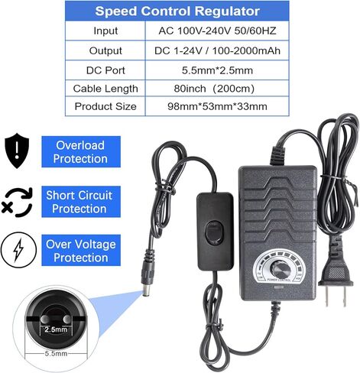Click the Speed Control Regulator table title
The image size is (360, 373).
click(177, 11)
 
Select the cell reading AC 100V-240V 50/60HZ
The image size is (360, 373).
click(217, 31)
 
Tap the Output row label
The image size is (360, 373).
click(105, 50)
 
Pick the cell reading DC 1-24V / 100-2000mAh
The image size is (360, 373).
click(217, 50)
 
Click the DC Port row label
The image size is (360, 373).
click(105, 70)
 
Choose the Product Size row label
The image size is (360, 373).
click(105, 106)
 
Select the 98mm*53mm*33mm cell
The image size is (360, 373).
click(217, 106)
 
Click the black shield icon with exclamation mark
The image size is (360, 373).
click(17, 151)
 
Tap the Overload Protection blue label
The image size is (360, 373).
click(81, 152)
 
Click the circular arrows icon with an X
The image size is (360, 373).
click(17, 203)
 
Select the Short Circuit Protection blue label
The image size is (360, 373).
click(81, 202)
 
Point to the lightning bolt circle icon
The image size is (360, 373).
click(18, 250)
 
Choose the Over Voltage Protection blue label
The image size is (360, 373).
click(81, 251)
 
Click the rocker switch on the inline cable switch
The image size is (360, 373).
click(214, 232)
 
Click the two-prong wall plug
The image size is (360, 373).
click(336, 277)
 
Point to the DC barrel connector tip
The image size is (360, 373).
click(146, 292)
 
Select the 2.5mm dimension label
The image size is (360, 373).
click(56, 329)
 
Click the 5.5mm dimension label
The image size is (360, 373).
click(56, 354)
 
